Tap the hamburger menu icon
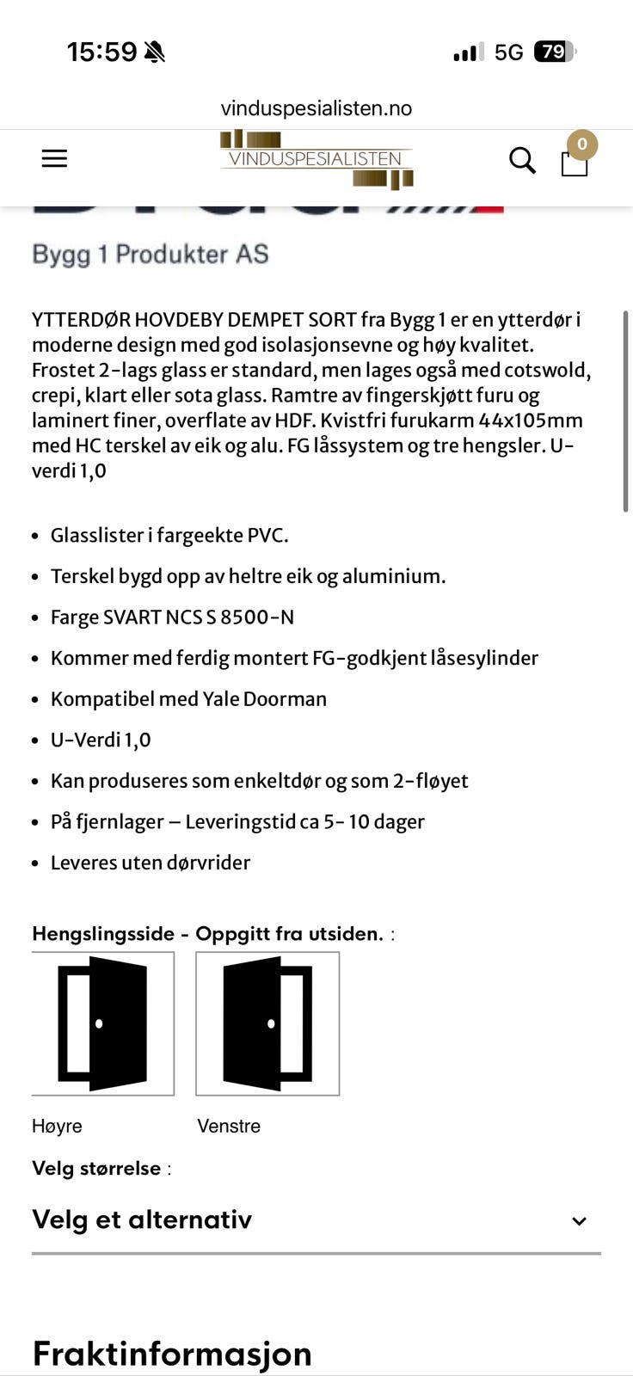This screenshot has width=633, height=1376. (54, 158)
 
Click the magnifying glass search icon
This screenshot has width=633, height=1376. (522, 160)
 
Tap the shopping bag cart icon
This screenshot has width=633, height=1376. (575, 162)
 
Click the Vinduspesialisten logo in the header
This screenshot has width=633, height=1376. (316, 159)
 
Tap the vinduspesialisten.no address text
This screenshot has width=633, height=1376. (316, 108)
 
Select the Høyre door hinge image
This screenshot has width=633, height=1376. (103, 1023)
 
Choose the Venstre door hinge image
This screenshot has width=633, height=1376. (267, 1023)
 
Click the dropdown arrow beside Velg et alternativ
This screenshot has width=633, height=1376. (579, 1220)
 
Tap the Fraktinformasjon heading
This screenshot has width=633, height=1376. (172, 1353)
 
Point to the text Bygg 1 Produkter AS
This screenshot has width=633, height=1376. (151, 254)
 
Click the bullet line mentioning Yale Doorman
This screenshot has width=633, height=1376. (188, 698)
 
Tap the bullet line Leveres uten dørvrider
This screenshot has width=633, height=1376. (151, 863)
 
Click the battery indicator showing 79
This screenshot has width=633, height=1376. (553, 52)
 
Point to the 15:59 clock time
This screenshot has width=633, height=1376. (101, 52)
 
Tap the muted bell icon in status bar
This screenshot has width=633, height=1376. (155, 52)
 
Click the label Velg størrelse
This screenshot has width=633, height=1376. (96, 1168)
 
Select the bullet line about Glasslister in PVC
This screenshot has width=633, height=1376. (169, 535)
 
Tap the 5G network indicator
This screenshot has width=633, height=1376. (508, 52)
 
